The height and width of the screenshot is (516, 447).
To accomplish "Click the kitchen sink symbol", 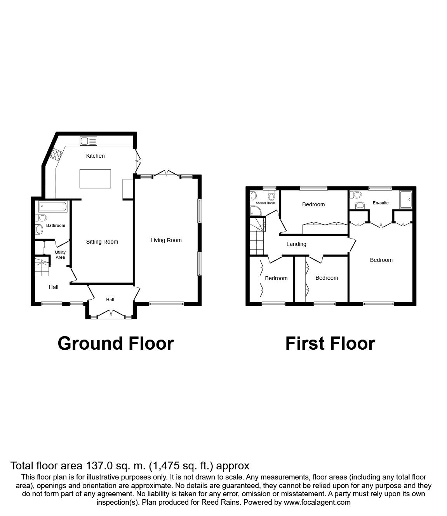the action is pos(89,141).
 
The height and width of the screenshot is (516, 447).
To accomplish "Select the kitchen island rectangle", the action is pos(95,179).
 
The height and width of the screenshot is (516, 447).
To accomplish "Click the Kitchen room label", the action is pos(95,156).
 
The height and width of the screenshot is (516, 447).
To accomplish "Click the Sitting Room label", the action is pos(102,242).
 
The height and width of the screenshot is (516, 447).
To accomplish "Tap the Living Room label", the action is pos(166,240).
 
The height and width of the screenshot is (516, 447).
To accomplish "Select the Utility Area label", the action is pos(60,255).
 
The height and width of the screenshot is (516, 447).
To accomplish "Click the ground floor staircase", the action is pos(42,267).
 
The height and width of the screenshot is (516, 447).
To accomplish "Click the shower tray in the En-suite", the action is pos(405,200).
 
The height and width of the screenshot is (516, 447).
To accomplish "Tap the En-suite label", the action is pos(381,203).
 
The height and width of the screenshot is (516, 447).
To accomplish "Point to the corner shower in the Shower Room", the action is pos(255,211).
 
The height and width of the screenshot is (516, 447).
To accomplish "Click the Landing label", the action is pos(296,244).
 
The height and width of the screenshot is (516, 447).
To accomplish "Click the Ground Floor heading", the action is pos(116,344).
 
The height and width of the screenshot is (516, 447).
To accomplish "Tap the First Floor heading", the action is pos(330,344).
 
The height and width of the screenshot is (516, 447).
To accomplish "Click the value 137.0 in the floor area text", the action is pos(97,466).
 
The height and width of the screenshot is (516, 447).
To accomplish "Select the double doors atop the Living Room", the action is pos(166,173).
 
